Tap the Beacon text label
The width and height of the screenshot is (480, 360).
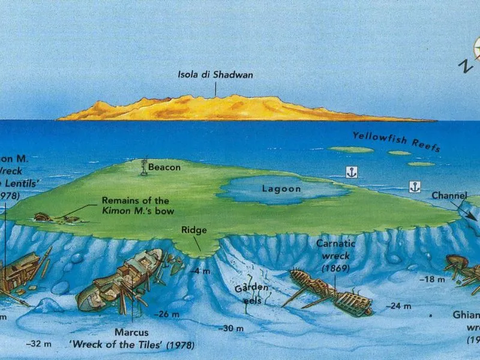(164, 167)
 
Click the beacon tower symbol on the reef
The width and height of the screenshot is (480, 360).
(143, 167)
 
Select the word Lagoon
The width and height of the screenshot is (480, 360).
(281, 189)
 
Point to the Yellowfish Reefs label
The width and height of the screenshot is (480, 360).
(396, 141)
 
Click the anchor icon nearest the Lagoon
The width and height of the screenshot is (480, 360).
(352, 172)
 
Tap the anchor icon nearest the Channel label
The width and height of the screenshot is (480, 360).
(415, 186)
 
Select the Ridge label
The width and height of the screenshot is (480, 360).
(194, 230)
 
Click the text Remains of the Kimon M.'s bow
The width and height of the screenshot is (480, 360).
(135, 205)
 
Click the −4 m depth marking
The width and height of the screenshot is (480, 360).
(202, 271)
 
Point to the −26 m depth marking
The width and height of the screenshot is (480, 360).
(166, 314)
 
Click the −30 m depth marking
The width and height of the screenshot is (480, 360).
(231, 328)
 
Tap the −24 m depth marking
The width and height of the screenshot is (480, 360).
(398, 306)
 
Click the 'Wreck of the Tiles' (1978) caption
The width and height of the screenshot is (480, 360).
(149, 346)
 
